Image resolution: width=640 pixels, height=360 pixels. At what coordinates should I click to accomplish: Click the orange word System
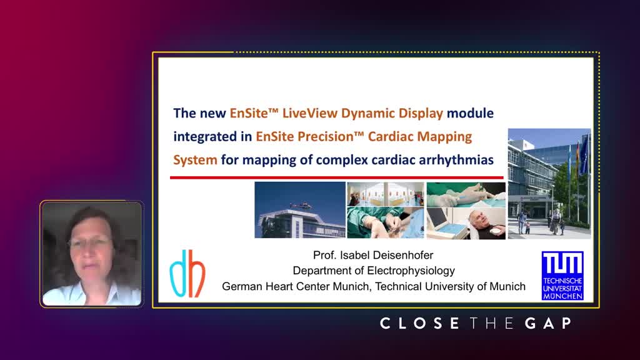click(195, 159)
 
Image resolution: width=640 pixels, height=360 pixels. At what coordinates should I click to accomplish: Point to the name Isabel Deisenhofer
click(386, 255)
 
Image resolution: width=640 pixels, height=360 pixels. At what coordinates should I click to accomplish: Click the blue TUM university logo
click(562, 276)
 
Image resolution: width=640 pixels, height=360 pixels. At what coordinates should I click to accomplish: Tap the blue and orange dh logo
click(187, 273)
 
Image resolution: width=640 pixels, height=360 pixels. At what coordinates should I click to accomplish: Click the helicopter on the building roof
click(301, 205)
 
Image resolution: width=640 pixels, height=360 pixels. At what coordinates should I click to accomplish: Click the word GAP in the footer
click(548, 323)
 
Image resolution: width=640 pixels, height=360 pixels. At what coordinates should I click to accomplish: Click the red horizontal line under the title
click(337, 177)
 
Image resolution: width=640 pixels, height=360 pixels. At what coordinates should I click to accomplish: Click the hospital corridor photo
click(385, 194)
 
